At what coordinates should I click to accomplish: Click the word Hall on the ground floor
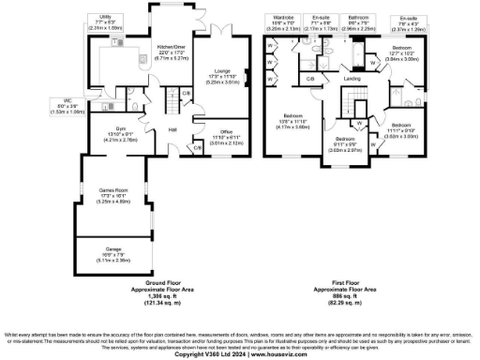173,129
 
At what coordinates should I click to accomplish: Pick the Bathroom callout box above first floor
358,23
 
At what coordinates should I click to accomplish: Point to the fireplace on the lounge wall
246,78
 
